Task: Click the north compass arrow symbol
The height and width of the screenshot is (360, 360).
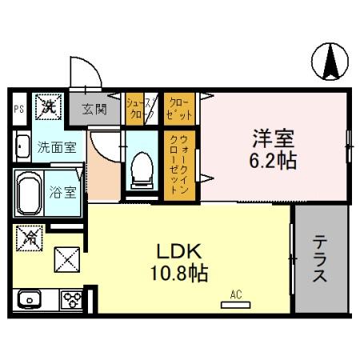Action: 331,63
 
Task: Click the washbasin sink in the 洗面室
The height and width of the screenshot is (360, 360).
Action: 22,146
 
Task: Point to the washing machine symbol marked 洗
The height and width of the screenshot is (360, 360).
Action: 49,105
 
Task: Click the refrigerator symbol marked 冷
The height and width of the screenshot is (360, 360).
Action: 30,237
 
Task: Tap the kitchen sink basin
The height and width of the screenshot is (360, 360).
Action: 30,301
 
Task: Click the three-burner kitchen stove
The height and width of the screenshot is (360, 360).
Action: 70,301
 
